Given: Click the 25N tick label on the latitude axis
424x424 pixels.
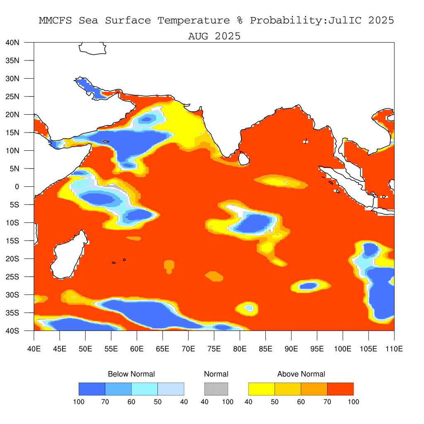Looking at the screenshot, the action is click(12, 96).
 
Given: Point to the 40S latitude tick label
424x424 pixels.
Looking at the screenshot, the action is click(12, 331).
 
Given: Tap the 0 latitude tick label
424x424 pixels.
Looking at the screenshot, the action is click(17, 187).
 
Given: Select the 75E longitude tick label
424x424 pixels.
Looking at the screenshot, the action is click(214, 349).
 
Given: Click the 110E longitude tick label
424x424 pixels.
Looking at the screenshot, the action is click(394, 349).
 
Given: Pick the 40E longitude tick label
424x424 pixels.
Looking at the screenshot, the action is click(34, 349).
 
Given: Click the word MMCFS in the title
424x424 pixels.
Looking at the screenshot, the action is click(55, 21).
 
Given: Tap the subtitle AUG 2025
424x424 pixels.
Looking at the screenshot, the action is click(214, 36).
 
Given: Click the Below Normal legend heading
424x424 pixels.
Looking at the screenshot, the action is click(131, 374).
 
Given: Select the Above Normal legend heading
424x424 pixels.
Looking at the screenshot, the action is click(301, 374).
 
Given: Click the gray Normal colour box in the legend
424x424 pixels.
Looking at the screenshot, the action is click(216, 389).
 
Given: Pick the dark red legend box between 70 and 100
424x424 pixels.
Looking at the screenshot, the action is click(340, 389).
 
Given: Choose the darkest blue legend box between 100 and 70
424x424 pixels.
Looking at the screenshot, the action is click(92, 389).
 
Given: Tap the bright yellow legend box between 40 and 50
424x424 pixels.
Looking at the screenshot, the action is click(262, 389).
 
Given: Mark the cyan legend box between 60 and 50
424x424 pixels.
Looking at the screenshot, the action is click(145, 389).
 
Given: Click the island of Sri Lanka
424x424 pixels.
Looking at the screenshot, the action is click(243, 159).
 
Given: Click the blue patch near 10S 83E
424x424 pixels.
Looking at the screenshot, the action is click(255, 223).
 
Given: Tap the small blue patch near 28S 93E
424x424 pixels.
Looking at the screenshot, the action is click(308, 286).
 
